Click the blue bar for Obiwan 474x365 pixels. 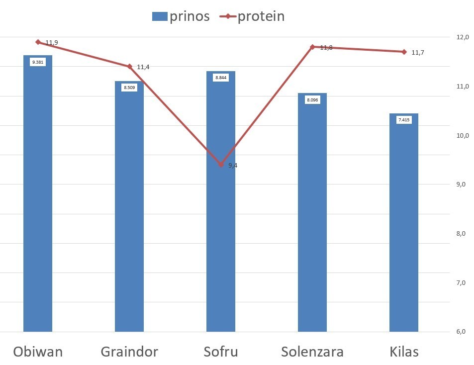coord(38,199)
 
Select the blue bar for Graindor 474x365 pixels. coord(129,209)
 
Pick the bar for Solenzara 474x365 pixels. coord(312,214)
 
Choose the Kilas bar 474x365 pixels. coord(404,224)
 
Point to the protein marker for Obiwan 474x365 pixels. coord(38,42)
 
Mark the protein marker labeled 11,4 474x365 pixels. coord(129,66)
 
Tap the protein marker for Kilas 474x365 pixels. coord(404,52)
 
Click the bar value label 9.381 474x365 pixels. coord(37,62)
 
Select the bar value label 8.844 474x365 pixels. coord(221,78)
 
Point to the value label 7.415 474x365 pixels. coord(404,120)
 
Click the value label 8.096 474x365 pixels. coord(312,100)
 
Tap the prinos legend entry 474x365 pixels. coord(181,16)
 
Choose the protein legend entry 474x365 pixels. coord(253,16)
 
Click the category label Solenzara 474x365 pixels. coord(312,352)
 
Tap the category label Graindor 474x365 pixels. coord(129,352)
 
